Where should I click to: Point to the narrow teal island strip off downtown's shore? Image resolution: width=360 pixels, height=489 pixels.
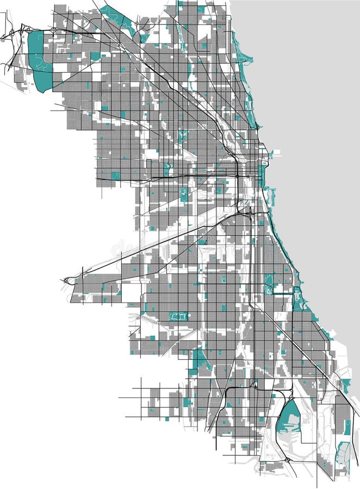pos(270,196)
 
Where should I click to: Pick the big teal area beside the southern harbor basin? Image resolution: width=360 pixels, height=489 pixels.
pos(288,417)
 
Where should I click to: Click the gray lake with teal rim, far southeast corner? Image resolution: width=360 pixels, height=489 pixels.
pos(343,454)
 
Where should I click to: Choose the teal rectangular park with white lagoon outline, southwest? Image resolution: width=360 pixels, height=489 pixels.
pos(178,315)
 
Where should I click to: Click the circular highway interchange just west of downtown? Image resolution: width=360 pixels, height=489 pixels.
pos(238,176)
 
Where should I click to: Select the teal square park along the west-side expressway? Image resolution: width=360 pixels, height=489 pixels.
pos(115,175)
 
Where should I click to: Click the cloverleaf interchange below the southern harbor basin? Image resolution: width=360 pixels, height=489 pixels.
pos(286,461)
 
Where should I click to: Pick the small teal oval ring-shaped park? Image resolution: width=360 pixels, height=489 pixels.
pos(223,279)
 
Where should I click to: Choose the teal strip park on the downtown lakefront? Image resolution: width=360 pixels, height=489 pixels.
pos(262,177)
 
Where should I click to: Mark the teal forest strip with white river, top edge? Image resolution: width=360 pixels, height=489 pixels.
pos(117,16)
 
